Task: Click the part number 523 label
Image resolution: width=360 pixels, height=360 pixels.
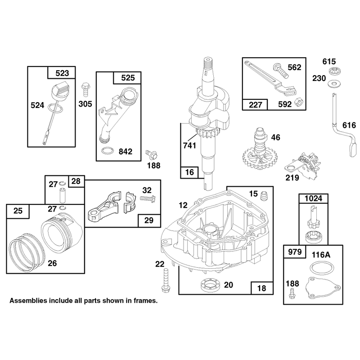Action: pyautogui.click(x=62, y=73)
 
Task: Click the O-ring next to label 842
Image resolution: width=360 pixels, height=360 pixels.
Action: pyautogui.click(x=108, y=151)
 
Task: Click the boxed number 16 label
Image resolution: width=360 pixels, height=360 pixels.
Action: pyautogui.click(x=189, y=172)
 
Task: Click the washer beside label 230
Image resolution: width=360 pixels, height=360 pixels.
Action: pyautogui.click(x=334, y=83)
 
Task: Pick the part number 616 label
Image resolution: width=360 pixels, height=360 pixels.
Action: pyautogui.click(x=349, y=126)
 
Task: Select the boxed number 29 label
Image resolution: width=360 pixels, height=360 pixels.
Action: pyautogui.click(x=149, y=220)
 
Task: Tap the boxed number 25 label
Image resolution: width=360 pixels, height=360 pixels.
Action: pyautogui.click(x=18, y=211)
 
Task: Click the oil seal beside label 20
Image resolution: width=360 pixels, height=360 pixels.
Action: pyautogui.click(x=211, y=285)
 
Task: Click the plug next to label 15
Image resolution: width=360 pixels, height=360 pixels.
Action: pyautogui.click(x=264, y=195)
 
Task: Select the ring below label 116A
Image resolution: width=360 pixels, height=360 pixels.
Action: pyautogui.click(x=322, y=267)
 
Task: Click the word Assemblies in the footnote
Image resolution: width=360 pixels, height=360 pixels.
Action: pyautogui.click(x=28, y=301)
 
